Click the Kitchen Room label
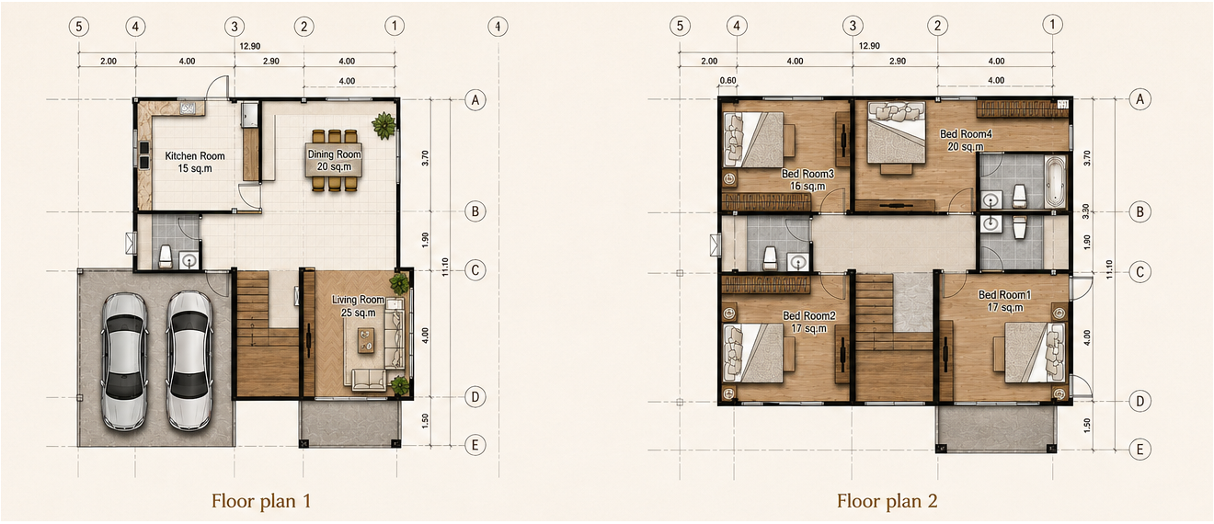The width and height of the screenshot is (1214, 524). click(195, 156)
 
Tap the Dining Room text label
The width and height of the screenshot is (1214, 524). click(335, 154)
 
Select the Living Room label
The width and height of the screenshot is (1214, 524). click(358, 300)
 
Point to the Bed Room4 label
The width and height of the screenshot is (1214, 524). click(966, 134)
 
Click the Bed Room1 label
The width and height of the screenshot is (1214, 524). click(1004, 295)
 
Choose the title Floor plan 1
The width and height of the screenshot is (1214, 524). click(261, 501)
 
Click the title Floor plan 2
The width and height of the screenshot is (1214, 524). click(887, 501)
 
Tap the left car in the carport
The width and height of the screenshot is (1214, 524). click(125, 361)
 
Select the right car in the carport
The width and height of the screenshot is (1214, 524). click(189, 361)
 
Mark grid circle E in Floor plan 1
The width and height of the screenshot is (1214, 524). click(475, 446)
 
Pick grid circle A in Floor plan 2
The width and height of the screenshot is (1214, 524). click(1140, 99)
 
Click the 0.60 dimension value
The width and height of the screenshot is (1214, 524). click(727, 81)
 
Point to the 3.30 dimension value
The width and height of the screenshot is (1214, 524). click(1085, 211)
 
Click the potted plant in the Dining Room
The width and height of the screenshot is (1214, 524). click(384, 125)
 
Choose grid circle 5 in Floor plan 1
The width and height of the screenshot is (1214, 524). click(79, 27)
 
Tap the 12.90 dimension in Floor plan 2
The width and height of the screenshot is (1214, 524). click(869, 46)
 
